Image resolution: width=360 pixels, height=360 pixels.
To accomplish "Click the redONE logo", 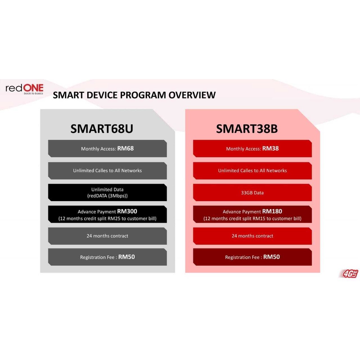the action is click(x=24, y=89).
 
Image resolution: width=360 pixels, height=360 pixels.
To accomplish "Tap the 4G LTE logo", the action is click(x=349, y=274).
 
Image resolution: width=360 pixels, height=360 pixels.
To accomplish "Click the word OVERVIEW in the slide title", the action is click(x=192, y=95).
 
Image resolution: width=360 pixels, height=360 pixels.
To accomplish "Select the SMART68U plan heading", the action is click(x=102, y=129).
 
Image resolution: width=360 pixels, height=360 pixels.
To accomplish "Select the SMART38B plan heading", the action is click(x=247, y=129).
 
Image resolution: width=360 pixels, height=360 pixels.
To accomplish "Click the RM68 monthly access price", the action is click(x=126, y=148).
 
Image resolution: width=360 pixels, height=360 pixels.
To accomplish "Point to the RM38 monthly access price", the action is click(x=270, y=148).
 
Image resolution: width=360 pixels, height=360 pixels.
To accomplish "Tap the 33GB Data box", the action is click(x=252, y=192).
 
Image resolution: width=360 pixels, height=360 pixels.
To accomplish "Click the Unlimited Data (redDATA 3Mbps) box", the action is click(x=108, y=192).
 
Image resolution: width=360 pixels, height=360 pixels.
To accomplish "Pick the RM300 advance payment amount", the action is click(x=127, y=211).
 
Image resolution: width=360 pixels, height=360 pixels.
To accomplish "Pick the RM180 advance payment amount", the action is click(x=272, y=211).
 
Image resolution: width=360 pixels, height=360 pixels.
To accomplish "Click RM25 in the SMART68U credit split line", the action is click(x=114, y=219).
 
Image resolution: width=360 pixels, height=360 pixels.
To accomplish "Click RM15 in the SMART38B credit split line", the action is click(x=259, y=219).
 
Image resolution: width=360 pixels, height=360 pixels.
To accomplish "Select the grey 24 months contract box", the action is click(x=108, y=236).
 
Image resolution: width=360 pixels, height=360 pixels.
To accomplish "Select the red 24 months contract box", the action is click(x=252, y=236).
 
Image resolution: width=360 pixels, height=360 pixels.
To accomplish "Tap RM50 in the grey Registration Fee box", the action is click(x=127, y=257).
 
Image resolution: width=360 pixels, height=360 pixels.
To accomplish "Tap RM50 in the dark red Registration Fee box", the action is click(x=271, y=257).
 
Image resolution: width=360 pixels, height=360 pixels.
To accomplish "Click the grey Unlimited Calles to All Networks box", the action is click(x=108, y=171).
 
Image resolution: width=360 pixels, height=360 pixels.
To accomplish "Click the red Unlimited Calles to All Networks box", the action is click(x=252, y=171).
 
